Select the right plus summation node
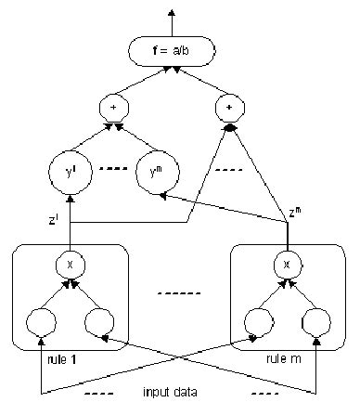tap(228, 108)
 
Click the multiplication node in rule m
tap(287, 264)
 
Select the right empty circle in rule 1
tap(100, 322)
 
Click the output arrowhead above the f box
tap(171, 12)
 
